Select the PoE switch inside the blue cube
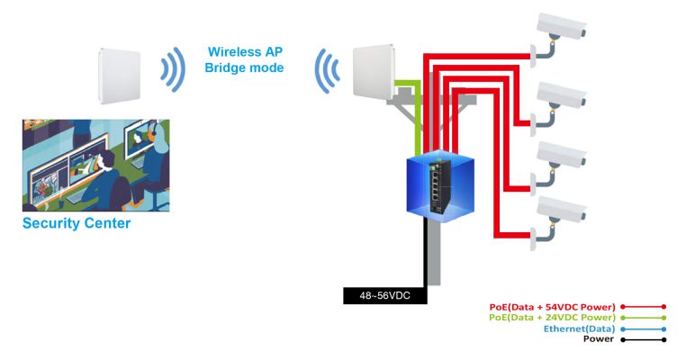[x=440, y=184]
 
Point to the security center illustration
[x=95, y=166]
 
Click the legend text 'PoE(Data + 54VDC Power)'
[x=552, y=307]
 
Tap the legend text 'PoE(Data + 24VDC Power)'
[x=552, y=318]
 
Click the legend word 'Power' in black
[x=599, y=339]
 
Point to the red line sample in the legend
[x=643, y=307]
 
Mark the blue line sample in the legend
[x=643, y=328]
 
